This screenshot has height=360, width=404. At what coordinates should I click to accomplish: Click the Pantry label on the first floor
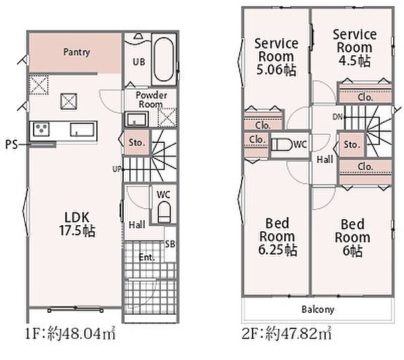tap(77, 53)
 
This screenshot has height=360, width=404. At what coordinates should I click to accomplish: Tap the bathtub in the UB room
tap(164, 60)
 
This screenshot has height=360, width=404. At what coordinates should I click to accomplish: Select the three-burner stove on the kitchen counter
tap(41, 129)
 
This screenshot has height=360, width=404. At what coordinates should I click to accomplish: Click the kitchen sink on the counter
tap(82, 129)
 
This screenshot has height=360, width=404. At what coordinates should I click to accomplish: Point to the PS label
tap(11, 145)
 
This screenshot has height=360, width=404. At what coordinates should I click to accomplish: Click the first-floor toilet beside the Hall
tap(164, 212)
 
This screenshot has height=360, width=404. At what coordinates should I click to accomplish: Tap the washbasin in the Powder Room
tap(136, 119)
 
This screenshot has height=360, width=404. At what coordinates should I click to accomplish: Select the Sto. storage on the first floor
tap(137, 142)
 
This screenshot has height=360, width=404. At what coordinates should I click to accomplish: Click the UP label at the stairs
tap(116, 169)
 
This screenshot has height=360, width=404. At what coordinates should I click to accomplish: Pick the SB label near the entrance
tap(170, 244)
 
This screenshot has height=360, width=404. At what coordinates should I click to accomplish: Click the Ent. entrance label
tap(147, 257)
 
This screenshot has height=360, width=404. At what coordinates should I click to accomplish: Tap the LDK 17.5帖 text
tap(77, 224)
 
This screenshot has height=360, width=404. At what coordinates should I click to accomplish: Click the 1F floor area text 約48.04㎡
tap(81, 334)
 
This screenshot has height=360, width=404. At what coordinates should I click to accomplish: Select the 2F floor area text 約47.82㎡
tap(298, 333)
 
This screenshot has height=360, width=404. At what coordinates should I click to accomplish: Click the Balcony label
tap(318, 309)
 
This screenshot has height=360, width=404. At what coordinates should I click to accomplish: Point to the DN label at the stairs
tap(337, 117)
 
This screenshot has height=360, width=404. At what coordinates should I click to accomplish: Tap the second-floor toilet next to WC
tap(282, 145)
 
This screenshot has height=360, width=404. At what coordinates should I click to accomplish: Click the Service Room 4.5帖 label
tap(355, 48)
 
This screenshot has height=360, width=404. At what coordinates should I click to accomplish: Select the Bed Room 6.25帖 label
tap(277, 237)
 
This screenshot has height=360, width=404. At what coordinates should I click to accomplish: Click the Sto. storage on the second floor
tap(351, 145)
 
